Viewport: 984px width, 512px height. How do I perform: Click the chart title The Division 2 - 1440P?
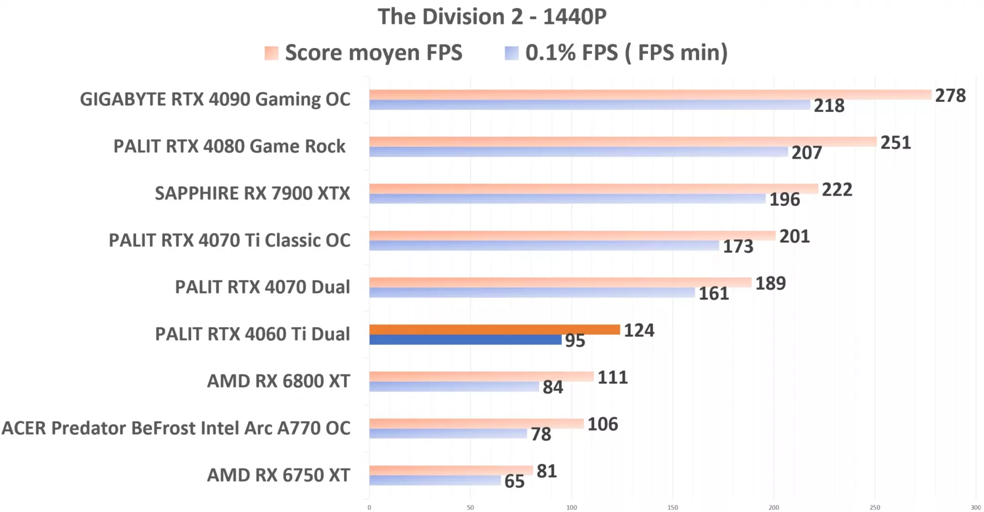point(492,17)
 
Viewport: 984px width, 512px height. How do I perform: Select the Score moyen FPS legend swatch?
point(271,53)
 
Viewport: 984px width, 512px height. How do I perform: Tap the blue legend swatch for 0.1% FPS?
point(511,53)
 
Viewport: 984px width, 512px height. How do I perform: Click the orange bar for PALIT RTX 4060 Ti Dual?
point(494,329)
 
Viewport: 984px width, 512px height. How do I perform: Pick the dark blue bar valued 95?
point(465,340)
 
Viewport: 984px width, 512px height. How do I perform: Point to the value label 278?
point(950,96)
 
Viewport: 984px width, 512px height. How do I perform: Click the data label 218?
point(829,106)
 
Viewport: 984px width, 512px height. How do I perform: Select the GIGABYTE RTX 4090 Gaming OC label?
point(215,99)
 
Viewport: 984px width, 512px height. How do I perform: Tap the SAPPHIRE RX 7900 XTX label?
point(252,193)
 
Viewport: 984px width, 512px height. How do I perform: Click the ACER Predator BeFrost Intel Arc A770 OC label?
point(176,428)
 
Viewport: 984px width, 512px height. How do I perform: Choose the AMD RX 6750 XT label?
point(278,475)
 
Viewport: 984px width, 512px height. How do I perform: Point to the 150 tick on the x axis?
point(673,507)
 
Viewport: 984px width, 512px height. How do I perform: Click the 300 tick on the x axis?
point(975,507)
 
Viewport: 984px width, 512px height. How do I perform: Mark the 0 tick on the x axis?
point(369,507)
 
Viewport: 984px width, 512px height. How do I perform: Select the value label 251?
point(896,143)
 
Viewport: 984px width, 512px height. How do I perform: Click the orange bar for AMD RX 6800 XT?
point(481,377)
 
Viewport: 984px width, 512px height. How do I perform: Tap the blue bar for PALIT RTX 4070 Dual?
point(532,293)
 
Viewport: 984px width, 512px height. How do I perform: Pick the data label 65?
point(514,481)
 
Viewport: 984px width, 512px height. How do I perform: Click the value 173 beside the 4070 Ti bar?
point(738,246)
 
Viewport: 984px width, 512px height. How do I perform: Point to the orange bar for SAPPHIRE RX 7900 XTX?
point(593,189)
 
